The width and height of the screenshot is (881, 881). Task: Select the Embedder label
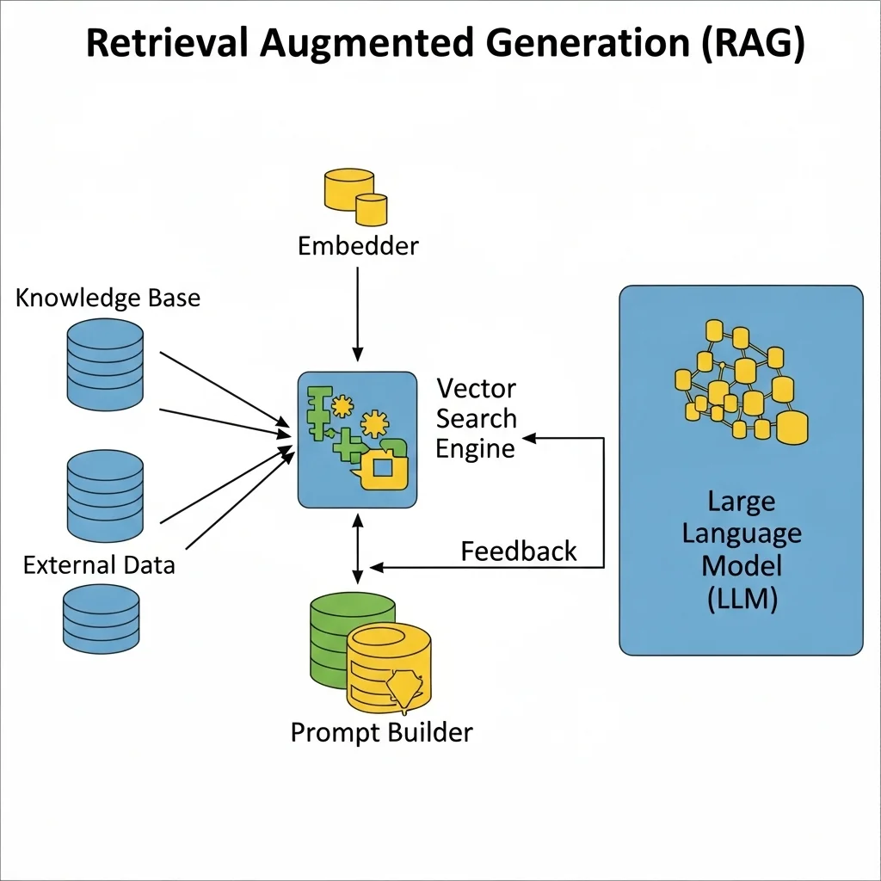[358, 246]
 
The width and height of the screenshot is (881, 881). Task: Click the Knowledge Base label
[108, 299]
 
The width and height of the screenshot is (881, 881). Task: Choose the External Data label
[99, 565]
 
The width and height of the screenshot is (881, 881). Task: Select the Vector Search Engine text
[476, 419]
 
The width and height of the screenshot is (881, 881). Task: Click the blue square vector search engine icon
[357, 439]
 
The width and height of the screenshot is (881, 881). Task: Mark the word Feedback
[519, 551]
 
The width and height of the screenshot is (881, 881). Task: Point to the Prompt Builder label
[381, 732]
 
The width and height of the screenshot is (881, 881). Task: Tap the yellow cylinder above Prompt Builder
[389, 667]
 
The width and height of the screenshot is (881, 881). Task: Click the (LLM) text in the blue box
[742, 599]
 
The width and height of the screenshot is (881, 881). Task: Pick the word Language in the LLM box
[742, 533]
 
